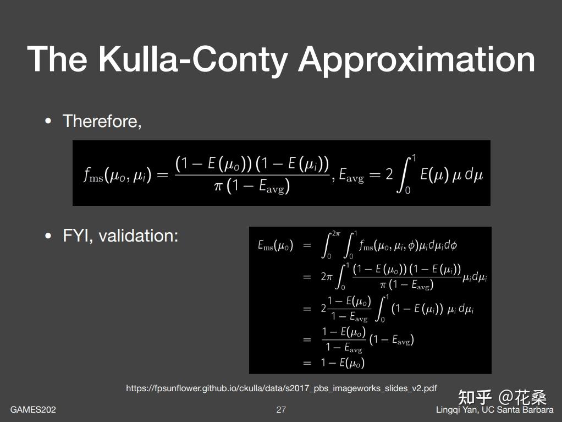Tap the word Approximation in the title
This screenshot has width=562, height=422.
(416, 60)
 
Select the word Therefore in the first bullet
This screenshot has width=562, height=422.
(101, 121)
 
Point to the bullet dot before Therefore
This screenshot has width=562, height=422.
(49, 121)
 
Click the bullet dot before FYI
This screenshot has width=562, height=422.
(49, 235)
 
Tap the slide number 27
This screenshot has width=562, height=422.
(281, 409)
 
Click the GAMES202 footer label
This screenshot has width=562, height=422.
(33, 409)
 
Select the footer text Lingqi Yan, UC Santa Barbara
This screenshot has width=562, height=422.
(494, 409)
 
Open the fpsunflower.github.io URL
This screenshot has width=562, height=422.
(281, 388)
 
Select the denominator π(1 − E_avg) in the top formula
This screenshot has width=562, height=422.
(252, 187)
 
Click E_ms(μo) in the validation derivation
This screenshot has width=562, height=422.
(276, 245)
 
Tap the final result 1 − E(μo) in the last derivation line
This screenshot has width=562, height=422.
(343, 363)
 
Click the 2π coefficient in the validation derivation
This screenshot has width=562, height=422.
(327, 277)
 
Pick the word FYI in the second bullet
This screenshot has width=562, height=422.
(77, 235)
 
